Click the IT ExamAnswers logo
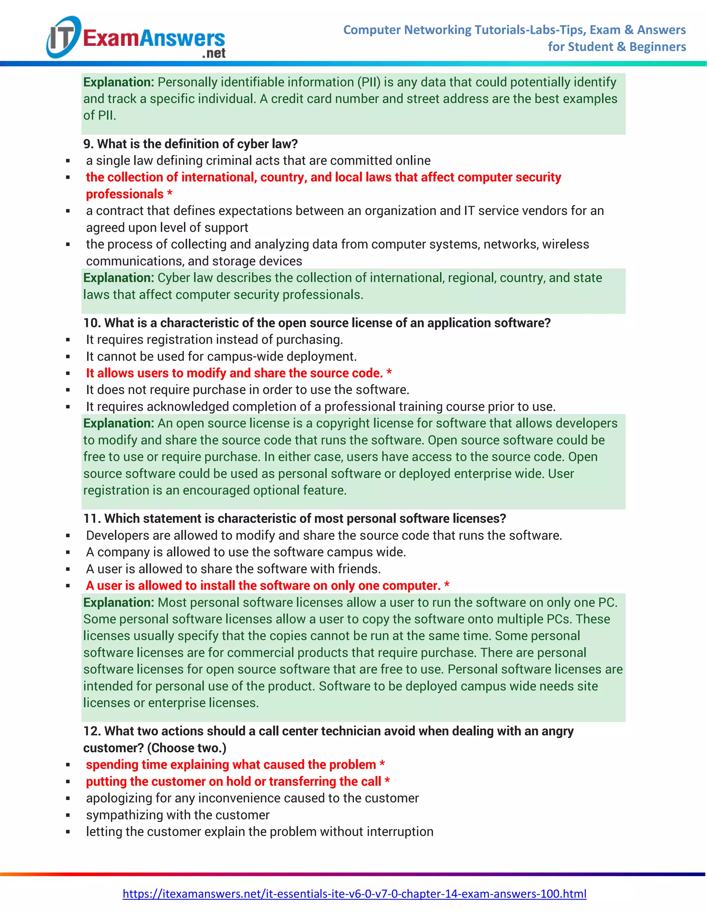click(136, 38)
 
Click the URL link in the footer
click(354, 894)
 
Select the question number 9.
click(88, 144)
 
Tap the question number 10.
click(92, 323)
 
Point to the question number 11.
click(92, 518)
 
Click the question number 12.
click(92, 731)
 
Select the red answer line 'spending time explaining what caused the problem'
click(231, 765)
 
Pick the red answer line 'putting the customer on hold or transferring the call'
click(233, 781)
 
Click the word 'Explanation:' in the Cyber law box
click(118, 278)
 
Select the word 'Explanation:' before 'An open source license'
click(118, 424)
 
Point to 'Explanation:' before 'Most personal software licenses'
click(118, 603)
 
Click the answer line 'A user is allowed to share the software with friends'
click(233, 569)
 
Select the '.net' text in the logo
click(214, 53)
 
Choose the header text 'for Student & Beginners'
click(617, 47)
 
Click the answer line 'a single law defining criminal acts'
click(258, 161)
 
